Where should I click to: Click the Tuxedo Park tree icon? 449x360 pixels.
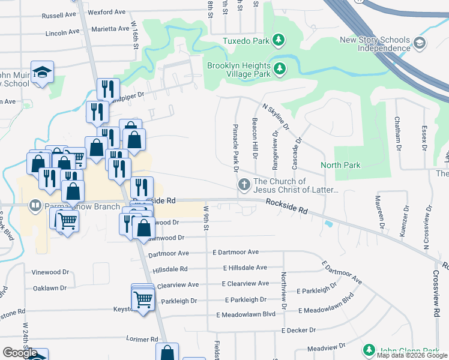(278, 41)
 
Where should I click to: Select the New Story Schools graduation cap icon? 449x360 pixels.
(419, 43)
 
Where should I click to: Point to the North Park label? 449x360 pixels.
(340, 165)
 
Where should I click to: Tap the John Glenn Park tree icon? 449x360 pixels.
(369, 350)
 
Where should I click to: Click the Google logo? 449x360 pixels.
(20, 353)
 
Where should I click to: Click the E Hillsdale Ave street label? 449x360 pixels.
(244, 268)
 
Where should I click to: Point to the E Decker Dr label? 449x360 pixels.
(298, 330)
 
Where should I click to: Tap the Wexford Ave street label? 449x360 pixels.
(106, 11)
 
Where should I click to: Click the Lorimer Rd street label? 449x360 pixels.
(142, 339)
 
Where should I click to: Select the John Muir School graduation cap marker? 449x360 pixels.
(43, 72)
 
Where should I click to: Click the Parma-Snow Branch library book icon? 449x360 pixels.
(35, 206)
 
